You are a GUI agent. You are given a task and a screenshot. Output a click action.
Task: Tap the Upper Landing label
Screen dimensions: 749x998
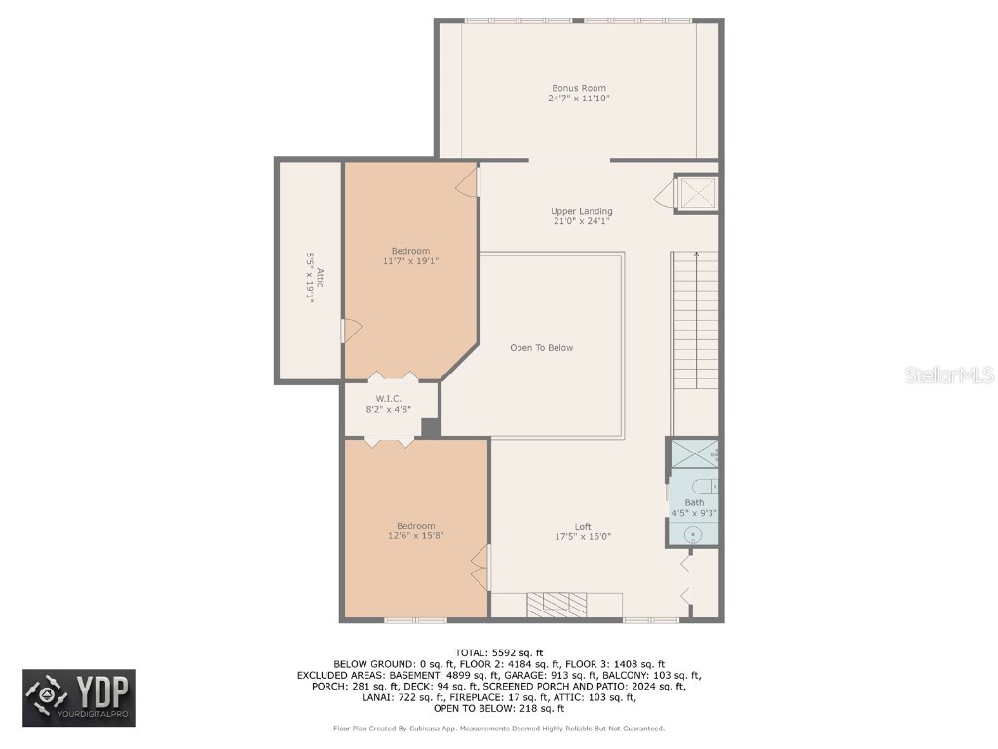[581, 211]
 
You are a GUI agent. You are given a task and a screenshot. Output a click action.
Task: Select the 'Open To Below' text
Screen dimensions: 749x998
[542, 348]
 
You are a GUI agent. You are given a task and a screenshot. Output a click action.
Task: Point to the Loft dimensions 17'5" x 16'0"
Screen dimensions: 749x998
[583, 536]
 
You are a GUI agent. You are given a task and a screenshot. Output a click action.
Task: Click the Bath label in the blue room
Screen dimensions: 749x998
[694, 502]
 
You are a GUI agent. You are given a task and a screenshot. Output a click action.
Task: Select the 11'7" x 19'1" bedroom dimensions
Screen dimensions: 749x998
[410, 261]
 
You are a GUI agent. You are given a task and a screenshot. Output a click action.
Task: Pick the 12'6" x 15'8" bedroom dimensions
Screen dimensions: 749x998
[415, 535]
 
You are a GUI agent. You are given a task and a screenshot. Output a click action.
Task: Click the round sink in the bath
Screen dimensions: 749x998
[693, 533]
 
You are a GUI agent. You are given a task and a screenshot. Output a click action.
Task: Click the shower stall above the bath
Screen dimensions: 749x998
[694, 454]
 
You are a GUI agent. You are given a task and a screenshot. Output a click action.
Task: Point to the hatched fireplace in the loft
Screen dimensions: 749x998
[557, 605]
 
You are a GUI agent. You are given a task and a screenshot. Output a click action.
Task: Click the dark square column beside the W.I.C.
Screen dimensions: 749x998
[431, 427]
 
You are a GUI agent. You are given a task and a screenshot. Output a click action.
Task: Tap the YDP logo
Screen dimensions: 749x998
[80, 698]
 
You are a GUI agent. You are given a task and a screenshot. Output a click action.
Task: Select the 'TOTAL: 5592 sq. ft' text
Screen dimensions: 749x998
[498, 652]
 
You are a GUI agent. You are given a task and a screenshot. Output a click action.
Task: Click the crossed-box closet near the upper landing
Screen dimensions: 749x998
[698, 192]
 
